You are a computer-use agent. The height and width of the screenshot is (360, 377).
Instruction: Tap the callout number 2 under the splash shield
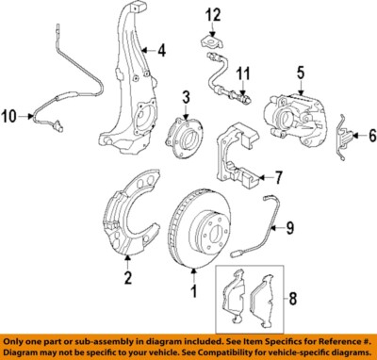[x=127, y=277]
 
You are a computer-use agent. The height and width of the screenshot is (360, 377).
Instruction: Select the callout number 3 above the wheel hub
[x=187, y=96]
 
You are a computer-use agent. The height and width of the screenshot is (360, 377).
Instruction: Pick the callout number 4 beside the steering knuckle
[x=161, y=51]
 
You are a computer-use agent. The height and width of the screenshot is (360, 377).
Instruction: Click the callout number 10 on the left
[x=10, y=117]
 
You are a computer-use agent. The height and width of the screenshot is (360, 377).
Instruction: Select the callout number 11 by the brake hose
[x=243, y=73]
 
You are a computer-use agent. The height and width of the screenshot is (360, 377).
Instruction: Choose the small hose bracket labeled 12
[x=209, y=40]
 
